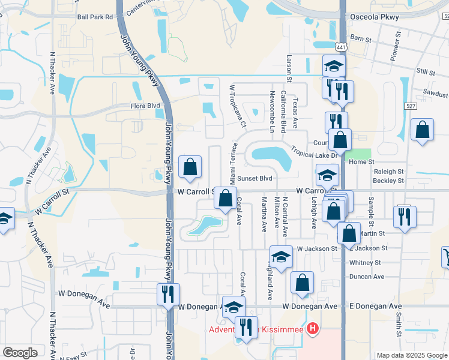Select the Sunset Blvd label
point(255,178)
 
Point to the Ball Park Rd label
point(95,17)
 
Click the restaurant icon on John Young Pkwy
point(167,295)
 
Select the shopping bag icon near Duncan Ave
point(302,283)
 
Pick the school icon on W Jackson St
point(280,257)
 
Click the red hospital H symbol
point(312,329)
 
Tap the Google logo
point(20,353)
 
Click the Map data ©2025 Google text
point(412,355)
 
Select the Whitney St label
point(365,262)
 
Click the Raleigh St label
point(388,171)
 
